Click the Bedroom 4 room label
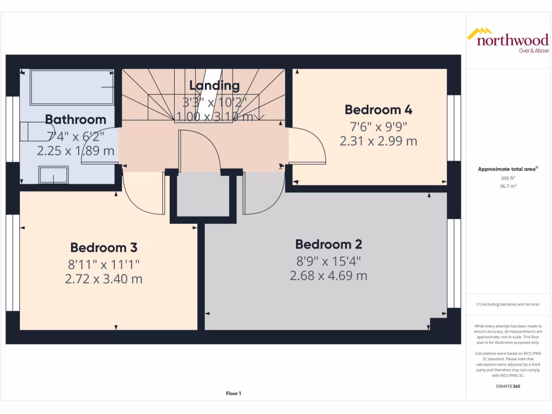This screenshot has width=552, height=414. [x=378, y=110]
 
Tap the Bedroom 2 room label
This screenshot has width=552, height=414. [x=328, y=244]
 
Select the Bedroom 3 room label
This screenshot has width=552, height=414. [x=103, y=248]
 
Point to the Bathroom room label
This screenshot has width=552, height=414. [x=75, y=120]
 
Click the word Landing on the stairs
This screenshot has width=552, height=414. [x=214, y=85]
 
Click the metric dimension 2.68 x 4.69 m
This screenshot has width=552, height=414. [x=328, y=275]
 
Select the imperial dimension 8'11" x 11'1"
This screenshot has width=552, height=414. [x=103, y=264]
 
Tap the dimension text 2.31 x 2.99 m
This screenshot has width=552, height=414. [x=378, y=141]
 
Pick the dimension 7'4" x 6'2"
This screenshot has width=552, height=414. [x=76, y=136]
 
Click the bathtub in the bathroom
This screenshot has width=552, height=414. [x=72, y=87]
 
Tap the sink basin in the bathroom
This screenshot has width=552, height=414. [x=53, y=175]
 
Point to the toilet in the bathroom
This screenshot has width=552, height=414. [x=30, y=130]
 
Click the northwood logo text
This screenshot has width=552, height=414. [x=512, y=40]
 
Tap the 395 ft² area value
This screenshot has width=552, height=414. [x=508, y=178]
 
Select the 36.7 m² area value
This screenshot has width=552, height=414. [x=508, y=186]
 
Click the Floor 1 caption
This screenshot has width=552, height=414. [x=233, y=394]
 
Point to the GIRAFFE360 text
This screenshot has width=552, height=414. [x=508, y=386]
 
